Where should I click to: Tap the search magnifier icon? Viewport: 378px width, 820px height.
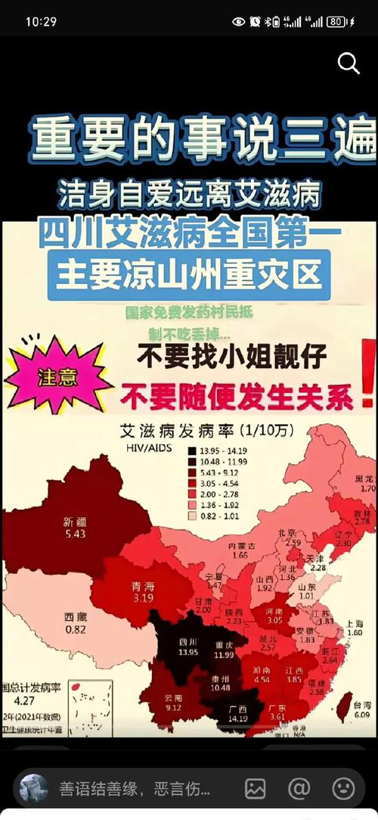[x=349, y=64]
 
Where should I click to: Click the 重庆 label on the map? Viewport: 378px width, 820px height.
[x=222, y=644]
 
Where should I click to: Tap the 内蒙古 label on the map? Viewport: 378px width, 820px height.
[x=242, y=545]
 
